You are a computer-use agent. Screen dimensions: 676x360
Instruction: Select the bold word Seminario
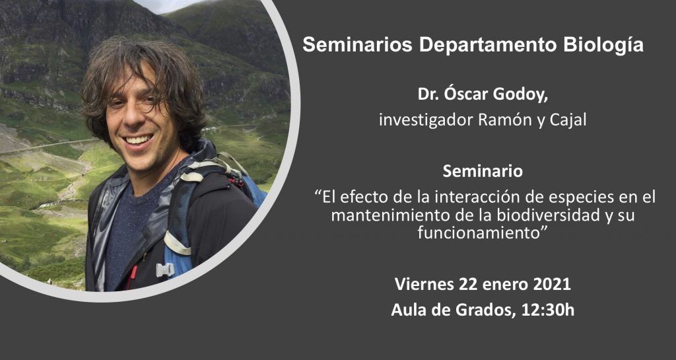[x=483, y=171]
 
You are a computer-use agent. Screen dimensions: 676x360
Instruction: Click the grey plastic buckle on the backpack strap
[x=165, y=270]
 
